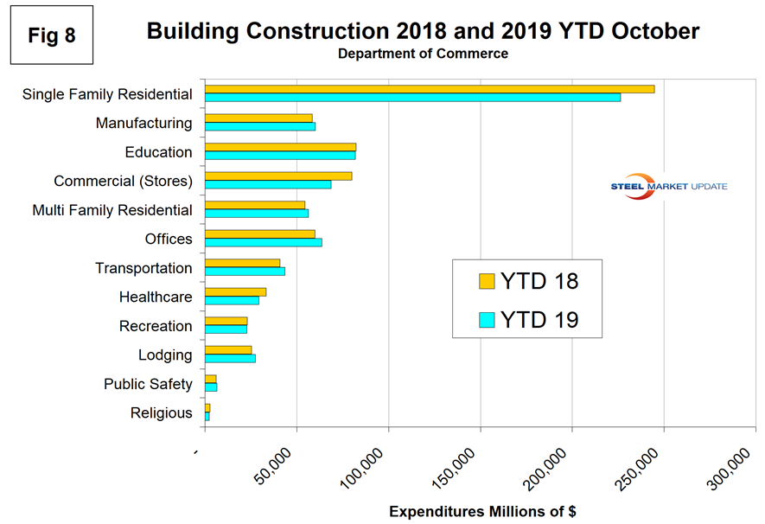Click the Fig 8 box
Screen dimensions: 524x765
point(51,39)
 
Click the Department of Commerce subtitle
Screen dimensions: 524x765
point(423,54)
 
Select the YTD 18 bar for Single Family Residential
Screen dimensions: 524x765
point(429,89)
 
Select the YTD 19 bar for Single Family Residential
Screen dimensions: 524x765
point(412,97)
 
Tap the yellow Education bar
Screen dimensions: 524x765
point(280,147)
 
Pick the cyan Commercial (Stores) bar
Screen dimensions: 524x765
point(268,184)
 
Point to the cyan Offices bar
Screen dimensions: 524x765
point(264,242)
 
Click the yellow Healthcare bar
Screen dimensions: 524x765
point(235,292)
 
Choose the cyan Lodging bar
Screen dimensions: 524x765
point(230,358)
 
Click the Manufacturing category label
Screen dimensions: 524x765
point(143,123)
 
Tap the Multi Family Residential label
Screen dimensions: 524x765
point(112,210)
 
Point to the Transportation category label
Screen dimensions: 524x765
point(143,268)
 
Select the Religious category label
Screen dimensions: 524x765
point(161,413)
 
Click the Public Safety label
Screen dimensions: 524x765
point(148,384)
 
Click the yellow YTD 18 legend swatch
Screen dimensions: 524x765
point(487,281)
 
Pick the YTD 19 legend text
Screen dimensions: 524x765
point(539,319)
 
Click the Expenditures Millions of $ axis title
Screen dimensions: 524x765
point(482,511)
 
